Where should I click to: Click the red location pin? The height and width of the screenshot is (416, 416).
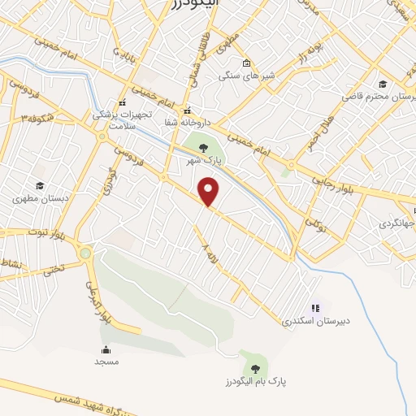[210, 192]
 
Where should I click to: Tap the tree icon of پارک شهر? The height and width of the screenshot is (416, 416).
[202, 147]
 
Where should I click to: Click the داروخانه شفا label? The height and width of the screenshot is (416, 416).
[188, 122]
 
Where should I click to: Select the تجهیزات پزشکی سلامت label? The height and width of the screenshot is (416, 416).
[122, 119]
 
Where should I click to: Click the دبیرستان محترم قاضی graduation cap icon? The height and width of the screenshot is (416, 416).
[382, 83]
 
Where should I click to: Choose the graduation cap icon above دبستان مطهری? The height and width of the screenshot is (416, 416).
[38, 186]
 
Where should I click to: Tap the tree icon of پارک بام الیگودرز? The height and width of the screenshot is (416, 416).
[256, 368]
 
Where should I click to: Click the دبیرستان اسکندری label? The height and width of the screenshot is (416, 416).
[309, 321]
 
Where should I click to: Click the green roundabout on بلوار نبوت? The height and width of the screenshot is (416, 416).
[85, 253]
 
